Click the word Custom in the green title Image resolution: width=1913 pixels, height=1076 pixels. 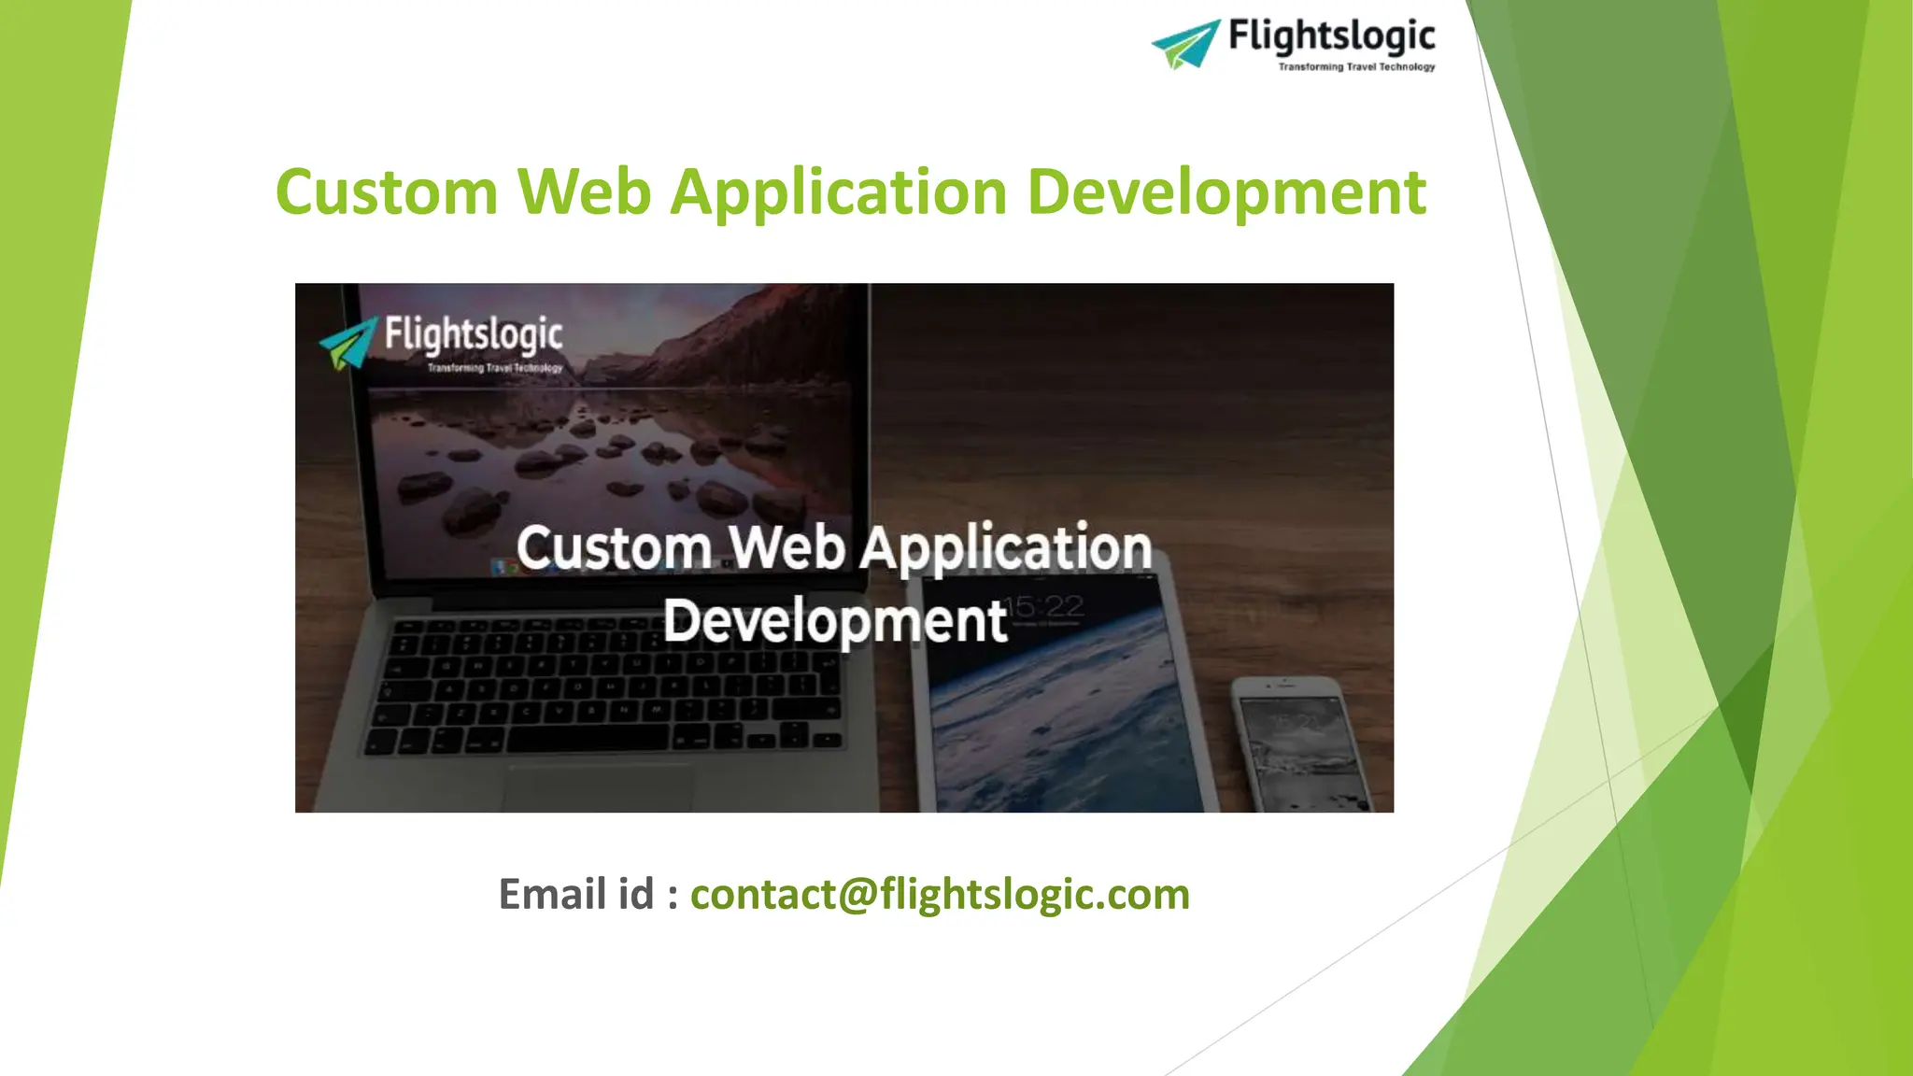click(386, 192)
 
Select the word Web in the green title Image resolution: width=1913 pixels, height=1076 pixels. click(584, 192)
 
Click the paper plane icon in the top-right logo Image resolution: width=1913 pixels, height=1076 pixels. click(1186, 44)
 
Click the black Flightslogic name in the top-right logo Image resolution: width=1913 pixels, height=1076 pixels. click(1331, 36)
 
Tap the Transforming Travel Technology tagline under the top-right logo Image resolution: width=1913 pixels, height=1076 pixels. click(1355, 67)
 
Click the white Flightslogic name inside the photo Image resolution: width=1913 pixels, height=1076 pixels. click(473, 335)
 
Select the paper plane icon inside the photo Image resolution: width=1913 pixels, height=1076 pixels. click(348, 342)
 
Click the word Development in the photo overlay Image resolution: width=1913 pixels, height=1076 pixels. click(834, 621)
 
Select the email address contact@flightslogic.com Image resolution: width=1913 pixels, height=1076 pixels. click(939, 894)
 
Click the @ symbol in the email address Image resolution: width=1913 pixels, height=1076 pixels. click(857, 895)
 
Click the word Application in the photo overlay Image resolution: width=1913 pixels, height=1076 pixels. click(1005, 549)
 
